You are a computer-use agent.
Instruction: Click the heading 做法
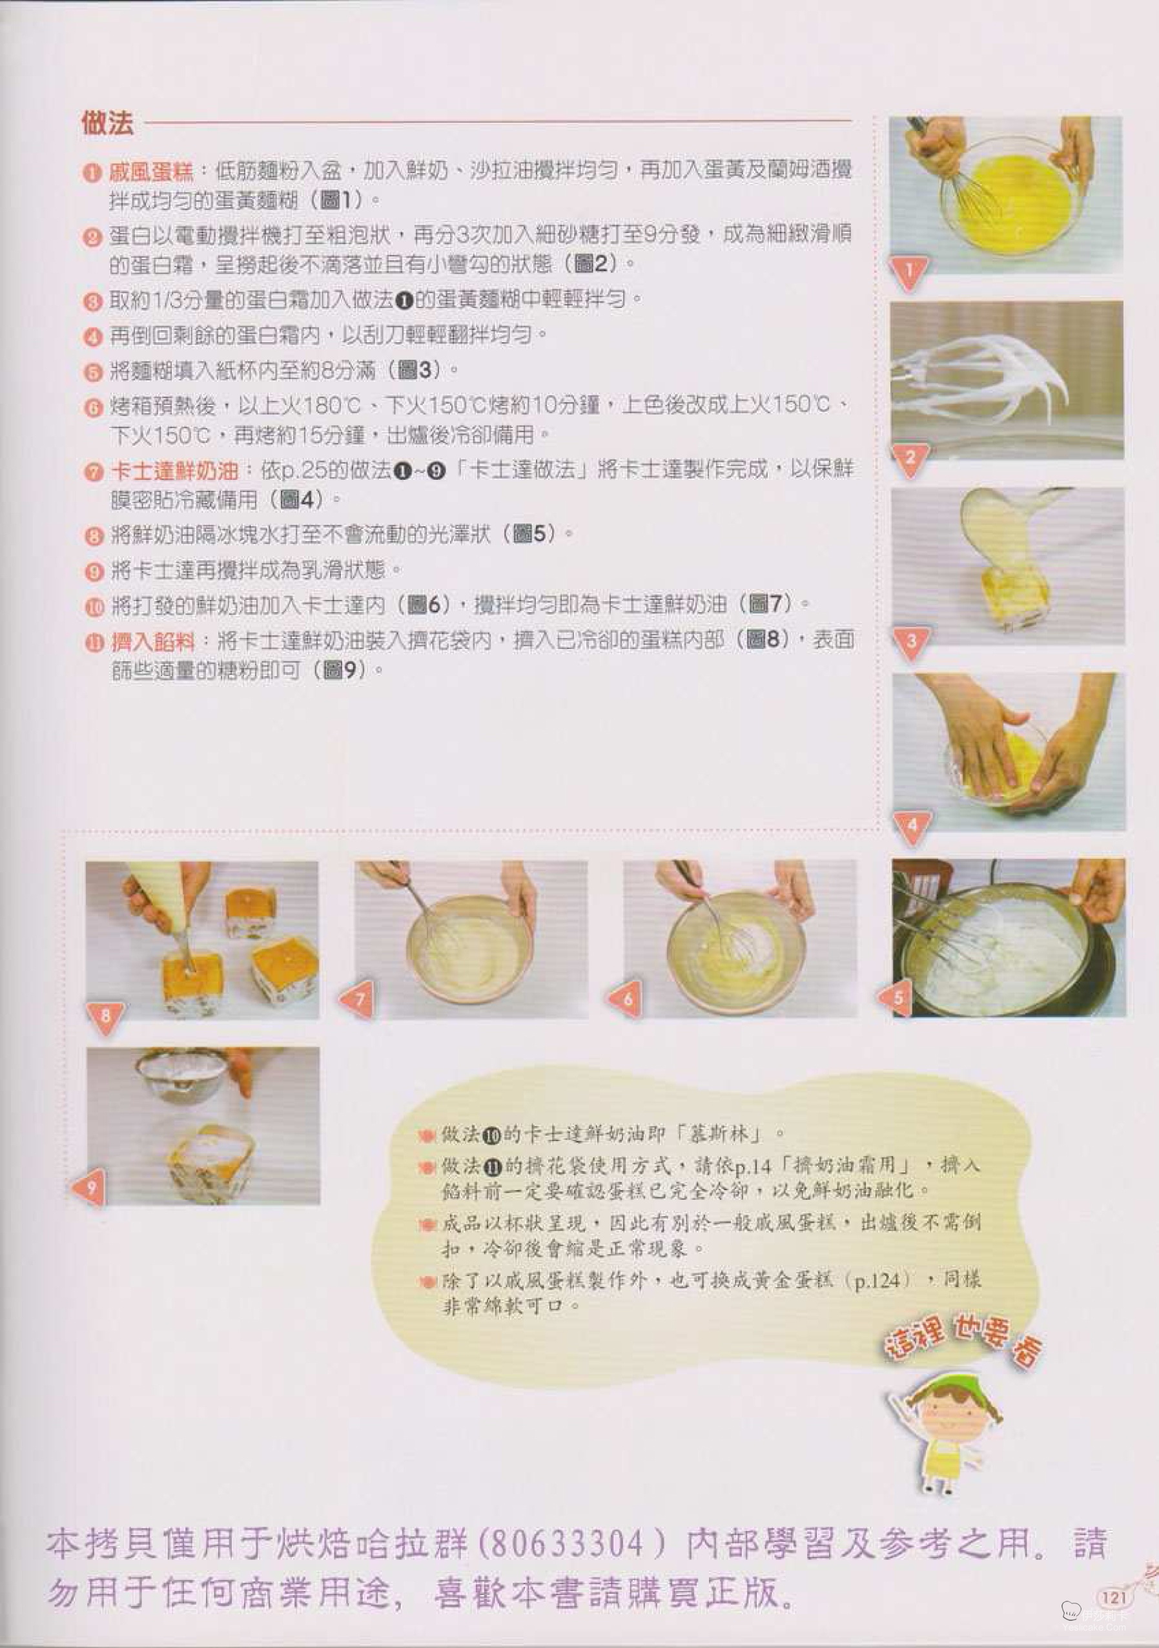click(107, 123)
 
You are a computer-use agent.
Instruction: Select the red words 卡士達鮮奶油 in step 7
click(173, 471)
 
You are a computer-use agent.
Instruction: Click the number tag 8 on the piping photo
click(105, 1016)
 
